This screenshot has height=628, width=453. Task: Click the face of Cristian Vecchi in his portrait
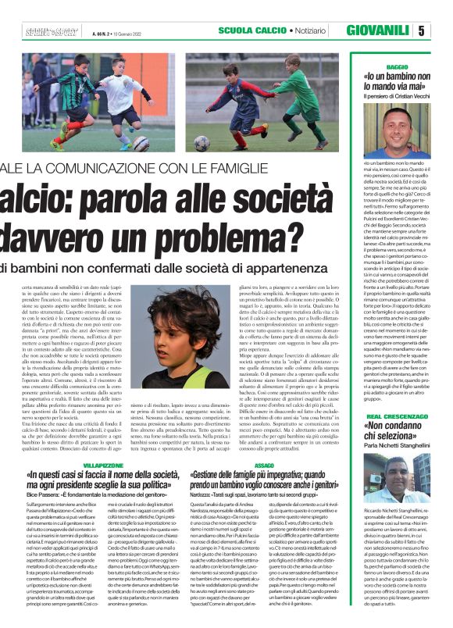[402, 125]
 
